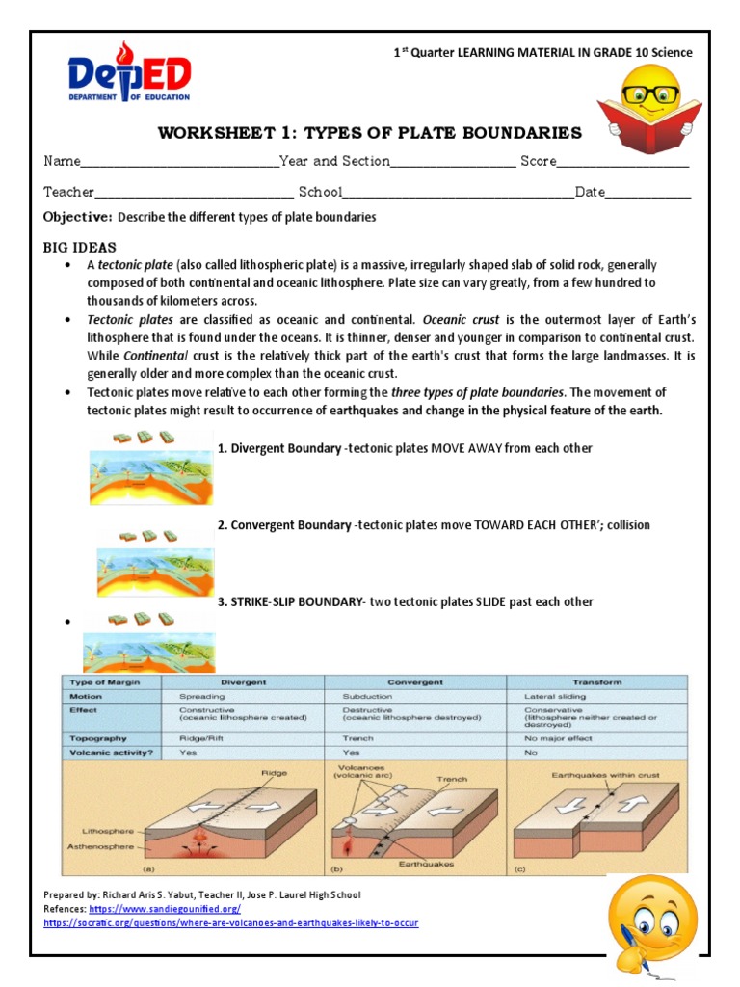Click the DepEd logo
129,73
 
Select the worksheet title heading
370,133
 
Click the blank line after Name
180,163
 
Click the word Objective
78,217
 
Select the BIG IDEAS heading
80,248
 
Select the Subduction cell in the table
367,695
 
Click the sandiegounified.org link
165,909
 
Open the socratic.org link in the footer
231,922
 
